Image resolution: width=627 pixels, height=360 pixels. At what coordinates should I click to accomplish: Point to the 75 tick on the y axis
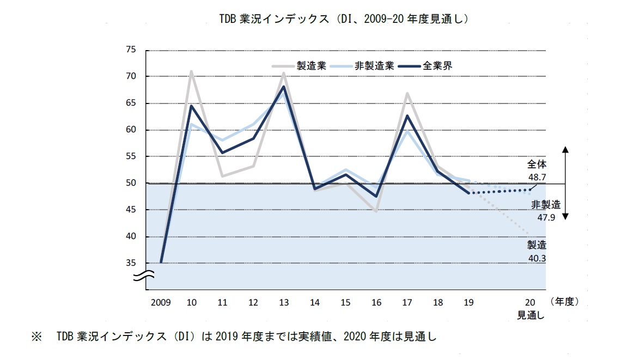tap(130, 50)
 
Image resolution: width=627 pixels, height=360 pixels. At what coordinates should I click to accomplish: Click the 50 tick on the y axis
tap(130, 183)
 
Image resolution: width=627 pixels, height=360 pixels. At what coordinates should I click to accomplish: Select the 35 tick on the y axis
tap(130, 263)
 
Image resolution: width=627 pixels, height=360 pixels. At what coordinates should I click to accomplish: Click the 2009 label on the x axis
tap(160, 302)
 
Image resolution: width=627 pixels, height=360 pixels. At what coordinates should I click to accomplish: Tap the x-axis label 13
tap(284, 302)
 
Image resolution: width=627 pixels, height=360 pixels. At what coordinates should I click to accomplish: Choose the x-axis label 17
tap(406, 302)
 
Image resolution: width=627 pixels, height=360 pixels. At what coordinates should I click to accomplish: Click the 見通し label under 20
tap(531, 314)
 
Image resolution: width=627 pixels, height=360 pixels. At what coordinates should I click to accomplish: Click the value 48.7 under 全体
tap(537, 177)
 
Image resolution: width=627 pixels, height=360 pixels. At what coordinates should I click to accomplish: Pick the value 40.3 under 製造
tap(536, 257)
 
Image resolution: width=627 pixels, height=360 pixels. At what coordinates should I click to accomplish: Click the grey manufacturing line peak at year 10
tap(191, 71)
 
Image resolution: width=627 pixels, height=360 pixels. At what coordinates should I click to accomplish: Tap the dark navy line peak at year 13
tap(284, 87)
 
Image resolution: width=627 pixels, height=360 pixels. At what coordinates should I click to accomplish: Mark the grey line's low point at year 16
tap(376, 211)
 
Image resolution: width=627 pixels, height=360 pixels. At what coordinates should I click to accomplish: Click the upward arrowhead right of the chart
tap(565, 149)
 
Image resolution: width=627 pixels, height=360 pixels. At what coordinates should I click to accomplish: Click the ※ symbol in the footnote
tap(36, 337)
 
